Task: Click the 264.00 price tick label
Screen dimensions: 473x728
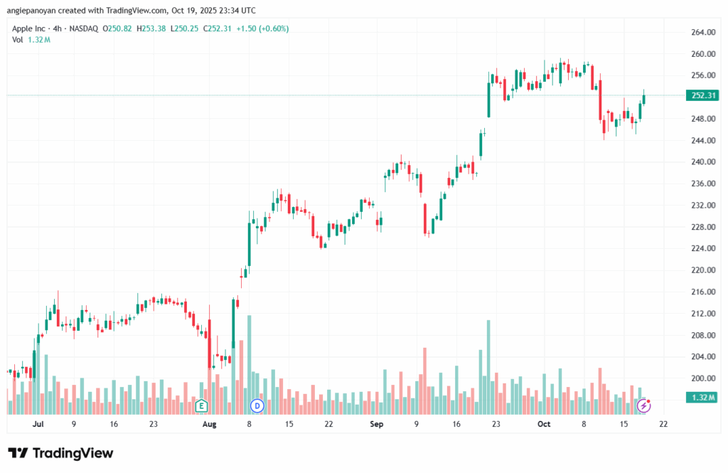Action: (702, 33)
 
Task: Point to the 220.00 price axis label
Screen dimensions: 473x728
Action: (702, 270)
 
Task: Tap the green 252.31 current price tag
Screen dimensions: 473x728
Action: (702, 95)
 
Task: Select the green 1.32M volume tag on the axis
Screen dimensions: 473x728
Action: (702, 398)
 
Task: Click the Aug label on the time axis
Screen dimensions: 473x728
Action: (208, 425)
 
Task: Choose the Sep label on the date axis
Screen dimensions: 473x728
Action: (377, 425)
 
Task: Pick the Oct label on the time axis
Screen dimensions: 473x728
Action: (544, 425)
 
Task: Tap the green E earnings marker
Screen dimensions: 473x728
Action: (201, 406)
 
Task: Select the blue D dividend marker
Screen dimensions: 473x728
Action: (257, 406)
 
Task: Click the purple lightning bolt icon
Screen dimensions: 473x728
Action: (644, 405)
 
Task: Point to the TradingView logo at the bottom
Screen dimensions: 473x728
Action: (60, 453)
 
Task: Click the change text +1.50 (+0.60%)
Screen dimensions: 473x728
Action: (264, 28)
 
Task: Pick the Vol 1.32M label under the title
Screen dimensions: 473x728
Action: (31, 40)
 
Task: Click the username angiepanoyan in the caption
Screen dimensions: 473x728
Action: (35, 11)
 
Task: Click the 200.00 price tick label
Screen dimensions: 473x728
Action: (702, 378)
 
